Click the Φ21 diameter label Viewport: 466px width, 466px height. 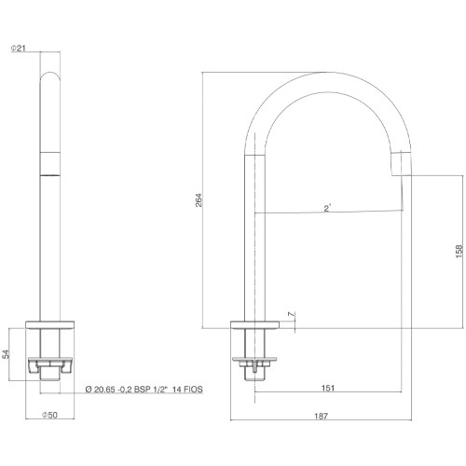coord(19,48)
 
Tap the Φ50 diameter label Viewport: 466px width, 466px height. coord(49,415)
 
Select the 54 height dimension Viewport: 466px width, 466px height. coord(7,354)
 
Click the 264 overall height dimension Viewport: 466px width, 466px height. coord(199,200)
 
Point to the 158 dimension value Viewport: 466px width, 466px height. coord(459,252)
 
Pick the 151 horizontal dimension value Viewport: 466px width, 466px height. coord(328,388)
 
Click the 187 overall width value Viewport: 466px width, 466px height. coord(321,416)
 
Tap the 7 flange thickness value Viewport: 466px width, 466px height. coord(291,314)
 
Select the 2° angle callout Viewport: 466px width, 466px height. coord(327,208)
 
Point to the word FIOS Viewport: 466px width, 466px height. coord(193,390)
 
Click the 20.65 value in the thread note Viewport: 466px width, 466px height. coord(105,390)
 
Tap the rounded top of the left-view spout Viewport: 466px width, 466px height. coord(50,74)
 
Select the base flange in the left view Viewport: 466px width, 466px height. coord(49,324)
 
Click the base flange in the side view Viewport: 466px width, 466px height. coord(254,324)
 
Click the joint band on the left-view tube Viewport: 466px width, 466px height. coord(50,164)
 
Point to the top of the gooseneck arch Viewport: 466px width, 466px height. coord(328,73)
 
